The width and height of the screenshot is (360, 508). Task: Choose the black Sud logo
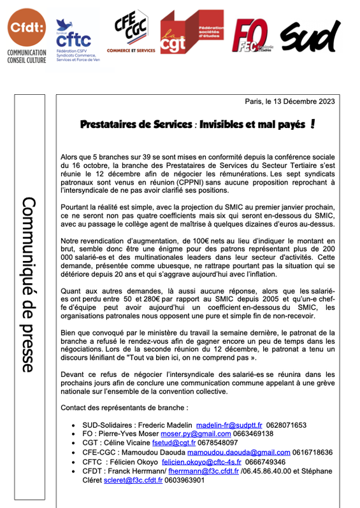[310, 36]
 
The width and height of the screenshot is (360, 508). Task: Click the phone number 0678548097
[217, 443]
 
